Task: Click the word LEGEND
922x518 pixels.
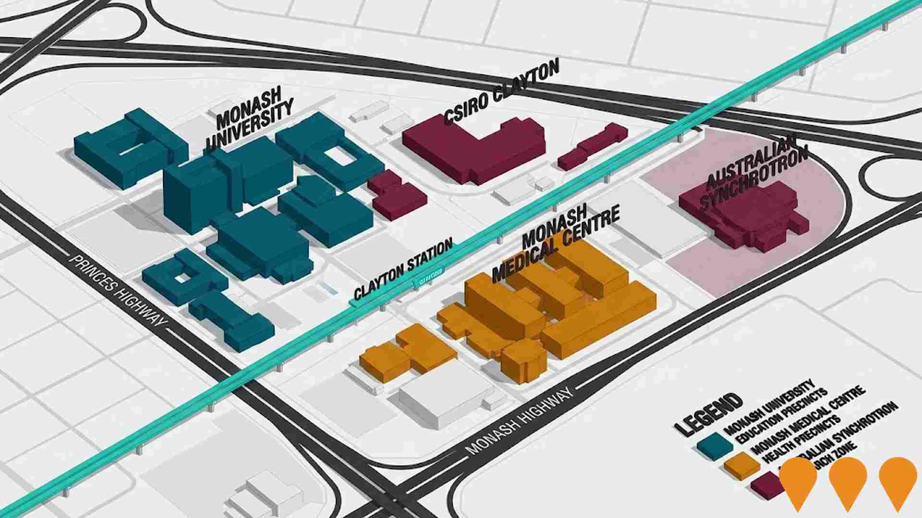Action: click(708, 414)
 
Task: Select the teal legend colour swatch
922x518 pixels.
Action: click(715, 444)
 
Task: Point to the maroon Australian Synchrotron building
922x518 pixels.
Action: click(742, 216)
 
